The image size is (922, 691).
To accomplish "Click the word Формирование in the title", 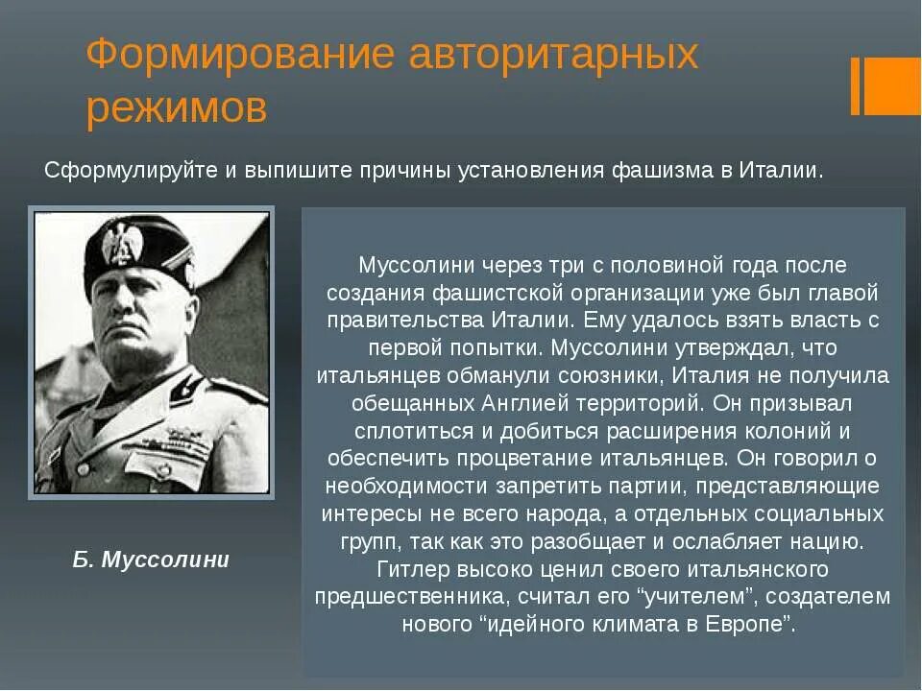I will pyautogui.click(x=240, y=55).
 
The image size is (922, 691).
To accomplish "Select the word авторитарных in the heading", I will pyautogui.click(x=552, y=55).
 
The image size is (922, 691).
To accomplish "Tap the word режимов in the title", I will pyautogui.click(x=177, y=108).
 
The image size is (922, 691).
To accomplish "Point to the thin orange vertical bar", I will pyautogui.click(x=855, y=85).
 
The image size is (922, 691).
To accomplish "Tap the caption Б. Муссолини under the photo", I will pyautogui.click(x=151, y=560).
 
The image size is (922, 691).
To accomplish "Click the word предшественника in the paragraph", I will pyautogui.click(x=410, y=596).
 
